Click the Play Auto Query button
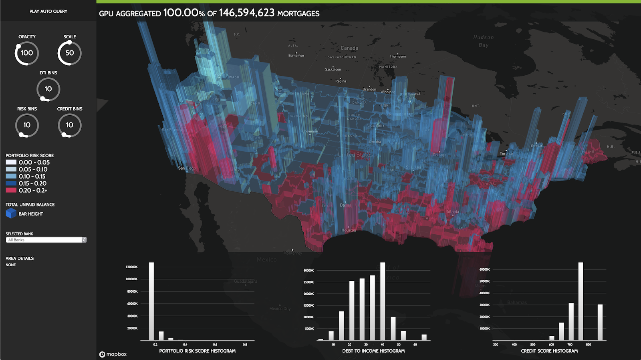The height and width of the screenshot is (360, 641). coord(48,11)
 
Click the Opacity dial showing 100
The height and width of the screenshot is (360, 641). coord(27,53)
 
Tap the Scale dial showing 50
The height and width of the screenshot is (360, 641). coord(69,53)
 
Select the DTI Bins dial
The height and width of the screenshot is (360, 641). coord(48,89)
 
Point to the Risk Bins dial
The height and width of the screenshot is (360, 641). coord(27,125)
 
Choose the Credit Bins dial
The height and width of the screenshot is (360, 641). coord(69,125)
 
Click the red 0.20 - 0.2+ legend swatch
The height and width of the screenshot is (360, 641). coord(11,191)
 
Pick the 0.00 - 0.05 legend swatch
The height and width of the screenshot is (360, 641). coord(11,163)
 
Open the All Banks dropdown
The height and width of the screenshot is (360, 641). coord(46,240)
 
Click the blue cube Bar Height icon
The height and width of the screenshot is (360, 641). coord(11,213)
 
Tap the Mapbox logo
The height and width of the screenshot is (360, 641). coord(113,354)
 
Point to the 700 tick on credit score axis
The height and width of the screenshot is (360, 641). coord(570,344)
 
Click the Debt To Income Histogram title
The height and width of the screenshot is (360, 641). coord(373,351)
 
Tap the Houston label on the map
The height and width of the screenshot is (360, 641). coord(349,230)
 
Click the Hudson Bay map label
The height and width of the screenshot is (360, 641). coord(484,41)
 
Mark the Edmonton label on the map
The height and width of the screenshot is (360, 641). coord(296,56)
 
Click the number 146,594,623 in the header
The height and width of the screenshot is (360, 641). coord(246,13)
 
